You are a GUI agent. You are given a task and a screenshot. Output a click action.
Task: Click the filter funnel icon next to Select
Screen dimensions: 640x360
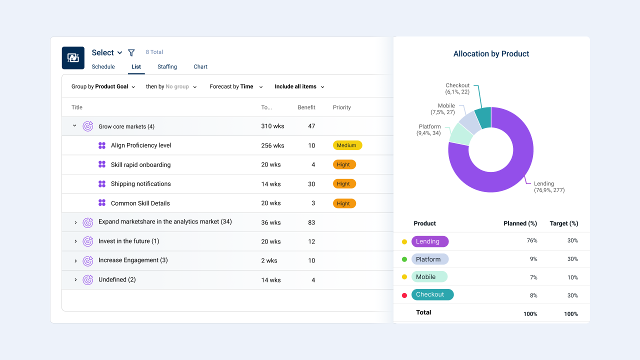(x=131, y=52)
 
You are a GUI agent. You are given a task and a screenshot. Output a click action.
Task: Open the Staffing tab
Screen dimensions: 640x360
(x=167, y=66)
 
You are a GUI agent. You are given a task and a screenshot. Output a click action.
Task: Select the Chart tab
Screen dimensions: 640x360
(x=200, y=66)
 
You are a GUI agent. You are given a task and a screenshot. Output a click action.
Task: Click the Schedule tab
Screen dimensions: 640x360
(x=103, y=66)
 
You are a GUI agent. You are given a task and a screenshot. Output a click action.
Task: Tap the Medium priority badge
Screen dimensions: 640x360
(x=347, y=145)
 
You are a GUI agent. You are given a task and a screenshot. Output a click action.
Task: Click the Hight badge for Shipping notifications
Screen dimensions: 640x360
(x=344, y=183)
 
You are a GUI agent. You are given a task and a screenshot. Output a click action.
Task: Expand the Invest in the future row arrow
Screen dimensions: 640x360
(x=75, y=241)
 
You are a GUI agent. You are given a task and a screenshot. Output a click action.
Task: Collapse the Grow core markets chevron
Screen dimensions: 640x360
(x=74, y=125)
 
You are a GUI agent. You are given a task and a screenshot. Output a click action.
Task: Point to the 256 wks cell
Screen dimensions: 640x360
(x=272, y=145)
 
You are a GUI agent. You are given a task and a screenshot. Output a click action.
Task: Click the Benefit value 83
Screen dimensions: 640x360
(x=311, y=222)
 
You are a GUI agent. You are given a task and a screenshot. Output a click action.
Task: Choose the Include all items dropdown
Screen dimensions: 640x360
(x=299, y=86)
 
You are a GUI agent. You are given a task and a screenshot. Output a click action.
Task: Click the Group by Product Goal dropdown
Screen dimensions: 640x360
(x=103, y=86)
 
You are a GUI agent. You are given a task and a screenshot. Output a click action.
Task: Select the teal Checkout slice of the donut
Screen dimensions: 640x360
(x=483, y=117)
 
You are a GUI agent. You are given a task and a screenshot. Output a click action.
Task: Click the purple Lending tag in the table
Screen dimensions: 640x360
(x=430, y=241)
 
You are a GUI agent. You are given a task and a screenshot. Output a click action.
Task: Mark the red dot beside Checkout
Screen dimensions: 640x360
(x=404, y=295)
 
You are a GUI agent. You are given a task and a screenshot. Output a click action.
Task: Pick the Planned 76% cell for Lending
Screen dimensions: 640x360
(x=531, y=240)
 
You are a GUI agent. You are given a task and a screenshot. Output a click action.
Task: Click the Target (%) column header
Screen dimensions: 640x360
(x=563, y=223)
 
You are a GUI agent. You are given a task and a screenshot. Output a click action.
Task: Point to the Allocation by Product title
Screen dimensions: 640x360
(x=491, y=53)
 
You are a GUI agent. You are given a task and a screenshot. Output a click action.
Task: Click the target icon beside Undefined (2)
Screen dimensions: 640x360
(x=87, y=279)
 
